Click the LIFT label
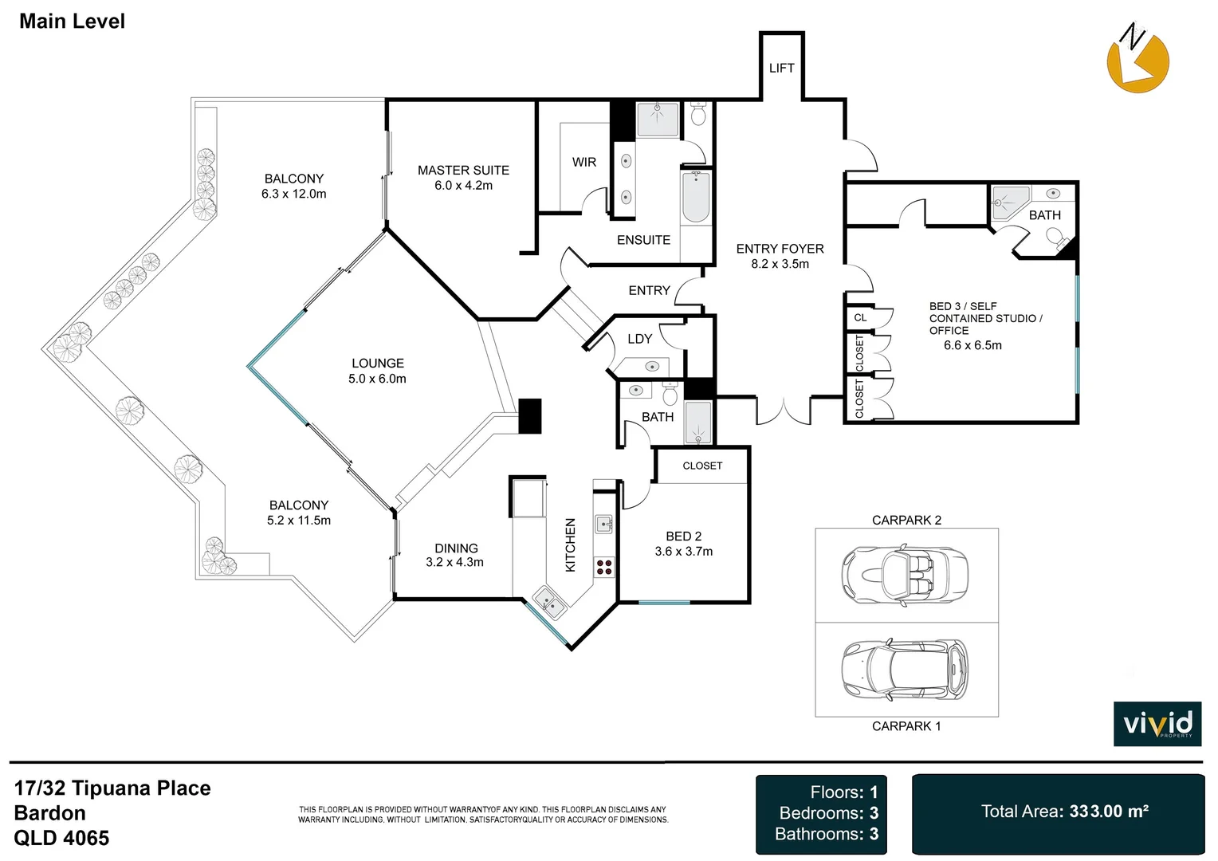(781, 69)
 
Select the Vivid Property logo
(1157, 724)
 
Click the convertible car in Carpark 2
(905, 575)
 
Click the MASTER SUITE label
(463, 171)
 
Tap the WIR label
(583, 162)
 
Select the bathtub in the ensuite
(695, 198)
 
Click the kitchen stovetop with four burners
(604, 567)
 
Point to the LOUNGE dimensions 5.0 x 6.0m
(377, 379)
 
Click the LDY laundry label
(639, 339)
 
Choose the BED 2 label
(683, 537)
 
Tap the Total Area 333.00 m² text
(1064, 812)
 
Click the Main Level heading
(72, 22)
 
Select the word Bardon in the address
(49, 813)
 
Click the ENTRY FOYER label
(780, 249)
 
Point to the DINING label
(456, 548)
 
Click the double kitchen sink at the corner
(549, 601)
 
